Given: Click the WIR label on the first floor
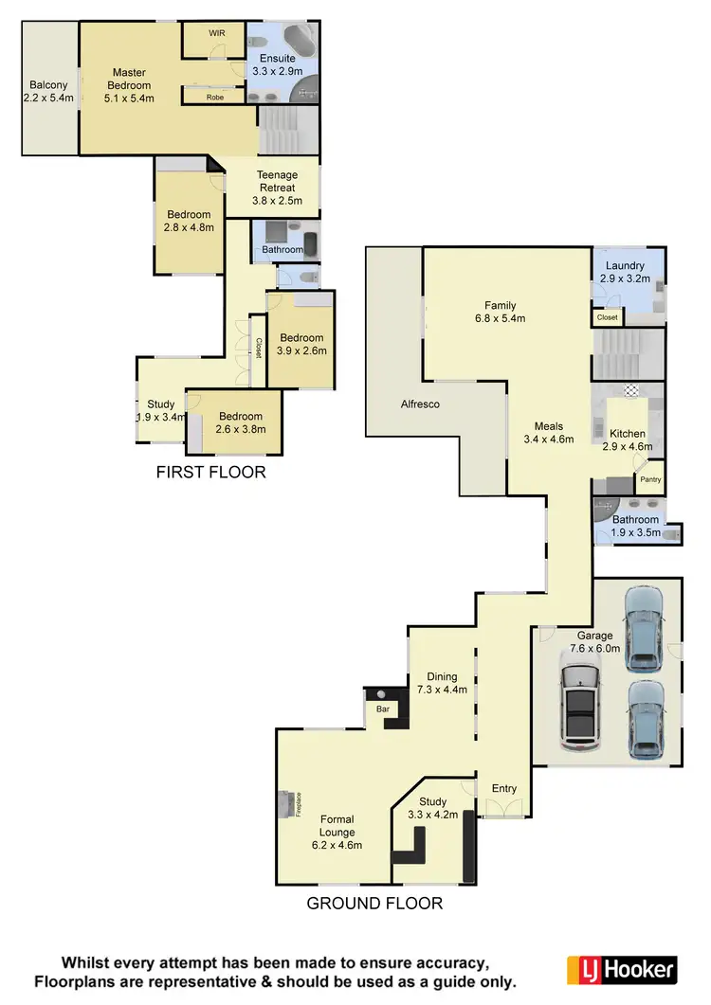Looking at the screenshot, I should click(215, 32).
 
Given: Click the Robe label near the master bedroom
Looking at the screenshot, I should click(215, 97).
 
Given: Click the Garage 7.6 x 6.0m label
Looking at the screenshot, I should click(594, 642).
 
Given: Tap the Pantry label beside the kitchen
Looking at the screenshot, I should click(650, 479).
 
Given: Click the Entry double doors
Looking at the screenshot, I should click(503, 808).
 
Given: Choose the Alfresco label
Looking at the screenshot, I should click(420, 404).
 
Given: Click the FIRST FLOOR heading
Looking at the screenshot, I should click(210, 472).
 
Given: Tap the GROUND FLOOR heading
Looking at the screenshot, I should click(374, 903).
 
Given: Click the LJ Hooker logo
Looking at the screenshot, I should click(621, 969).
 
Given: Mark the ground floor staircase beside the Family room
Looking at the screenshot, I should click(626, 354).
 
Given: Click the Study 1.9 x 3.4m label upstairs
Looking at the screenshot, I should click(160, 410).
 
